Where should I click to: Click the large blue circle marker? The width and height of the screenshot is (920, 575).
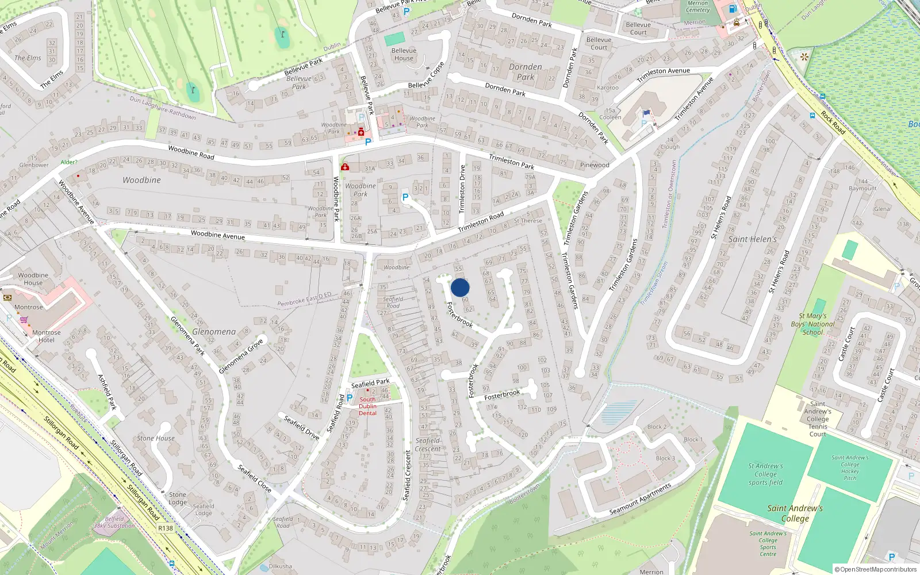click(460, 287)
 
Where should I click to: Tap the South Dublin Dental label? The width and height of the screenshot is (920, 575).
click(367, 406)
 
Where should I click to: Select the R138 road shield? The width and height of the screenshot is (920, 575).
click(166, 528)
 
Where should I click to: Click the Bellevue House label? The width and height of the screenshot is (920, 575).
click(404, 54)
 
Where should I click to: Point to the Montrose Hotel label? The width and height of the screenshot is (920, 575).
click(47, 336)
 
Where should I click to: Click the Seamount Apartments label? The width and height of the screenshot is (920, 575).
click(640, 499)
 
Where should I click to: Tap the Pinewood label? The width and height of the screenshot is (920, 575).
click(595, 165)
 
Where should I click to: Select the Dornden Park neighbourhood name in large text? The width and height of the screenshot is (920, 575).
click(526, 71)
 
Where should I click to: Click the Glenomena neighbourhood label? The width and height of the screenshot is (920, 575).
click(214, 332)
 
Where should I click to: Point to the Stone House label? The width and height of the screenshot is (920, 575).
click(156, 438)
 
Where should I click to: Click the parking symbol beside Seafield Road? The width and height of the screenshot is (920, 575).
click(349, 397)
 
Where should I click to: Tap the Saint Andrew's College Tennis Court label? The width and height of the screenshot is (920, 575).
click(818, 419)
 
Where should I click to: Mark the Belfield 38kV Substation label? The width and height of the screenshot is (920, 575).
click(114, 522)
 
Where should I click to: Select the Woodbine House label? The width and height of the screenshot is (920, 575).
click(33, 279)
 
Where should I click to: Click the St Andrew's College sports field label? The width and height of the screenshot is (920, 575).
click(766, 474)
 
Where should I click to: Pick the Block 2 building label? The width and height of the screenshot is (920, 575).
click(657, 427)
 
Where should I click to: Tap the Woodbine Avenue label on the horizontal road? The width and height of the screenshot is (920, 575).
click(217, 235)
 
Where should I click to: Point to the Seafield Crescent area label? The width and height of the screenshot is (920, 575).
click(428, 444)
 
